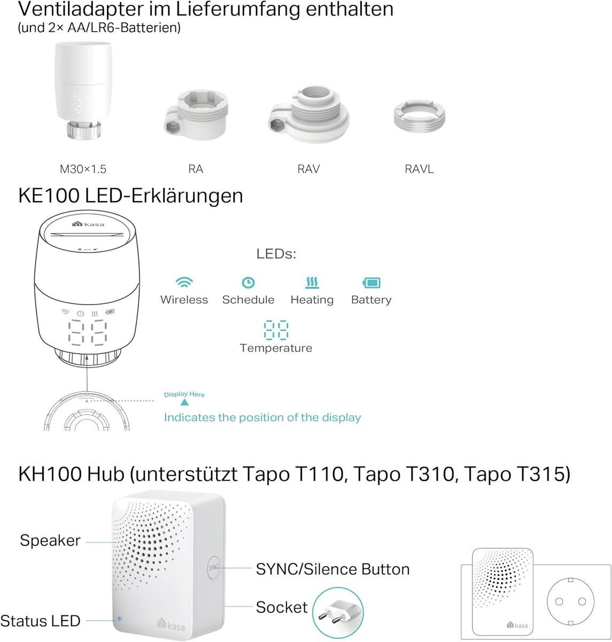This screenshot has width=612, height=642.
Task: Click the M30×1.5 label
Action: tap(83, 169)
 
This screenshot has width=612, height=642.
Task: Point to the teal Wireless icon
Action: tap(185, 282)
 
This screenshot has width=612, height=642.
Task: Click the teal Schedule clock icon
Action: tap(248, 282)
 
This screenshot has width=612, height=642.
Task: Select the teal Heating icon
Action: tap(312, 282)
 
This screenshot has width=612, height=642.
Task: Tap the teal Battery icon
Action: tap(371, 282)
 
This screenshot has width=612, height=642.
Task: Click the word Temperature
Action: tap(276, 348)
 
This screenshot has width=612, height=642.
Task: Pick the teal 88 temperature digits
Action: tap(276, 330)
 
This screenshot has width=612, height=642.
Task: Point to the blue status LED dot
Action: tap(119, 618)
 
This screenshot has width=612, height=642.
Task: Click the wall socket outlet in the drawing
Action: tap(570, 601)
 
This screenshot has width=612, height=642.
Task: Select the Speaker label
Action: tap(50, 540)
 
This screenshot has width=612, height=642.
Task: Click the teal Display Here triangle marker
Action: tap(184, 402)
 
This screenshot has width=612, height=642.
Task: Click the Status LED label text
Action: tap(41, 621)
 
